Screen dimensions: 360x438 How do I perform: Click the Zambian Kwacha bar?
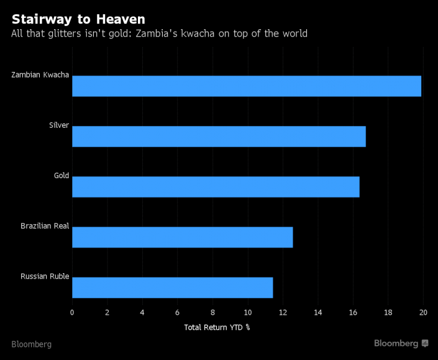tap(247, 86)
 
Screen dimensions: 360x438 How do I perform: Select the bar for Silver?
tap(219, 137)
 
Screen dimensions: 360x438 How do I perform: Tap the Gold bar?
tap(216, 187)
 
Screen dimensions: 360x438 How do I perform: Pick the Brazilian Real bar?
tap(182, 237)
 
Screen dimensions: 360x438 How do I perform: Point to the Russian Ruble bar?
tap(172, 287)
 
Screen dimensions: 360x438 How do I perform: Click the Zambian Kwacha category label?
tap(40, 76)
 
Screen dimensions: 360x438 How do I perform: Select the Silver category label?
tap(59, 126)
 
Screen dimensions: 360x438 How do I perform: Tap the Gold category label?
tap(62, 176)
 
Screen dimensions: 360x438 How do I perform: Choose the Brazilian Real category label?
tap(45, 226)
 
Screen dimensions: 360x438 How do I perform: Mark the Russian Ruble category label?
tap(45, 276)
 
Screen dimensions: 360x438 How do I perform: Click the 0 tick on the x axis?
tap(72, 312)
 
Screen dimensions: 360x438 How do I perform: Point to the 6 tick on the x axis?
tap(178, 312)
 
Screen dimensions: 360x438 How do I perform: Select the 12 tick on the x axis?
tap(283, 312)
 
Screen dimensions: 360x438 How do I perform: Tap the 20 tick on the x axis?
tap(423, 312)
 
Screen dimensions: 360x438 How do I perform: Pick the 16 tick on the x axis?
tap(353, 312)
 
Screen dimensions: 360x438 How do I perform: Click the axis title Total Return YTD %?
tap(217, 326)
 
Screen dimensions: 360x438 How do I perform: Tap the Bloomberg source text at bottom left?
tap(31, 344)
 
